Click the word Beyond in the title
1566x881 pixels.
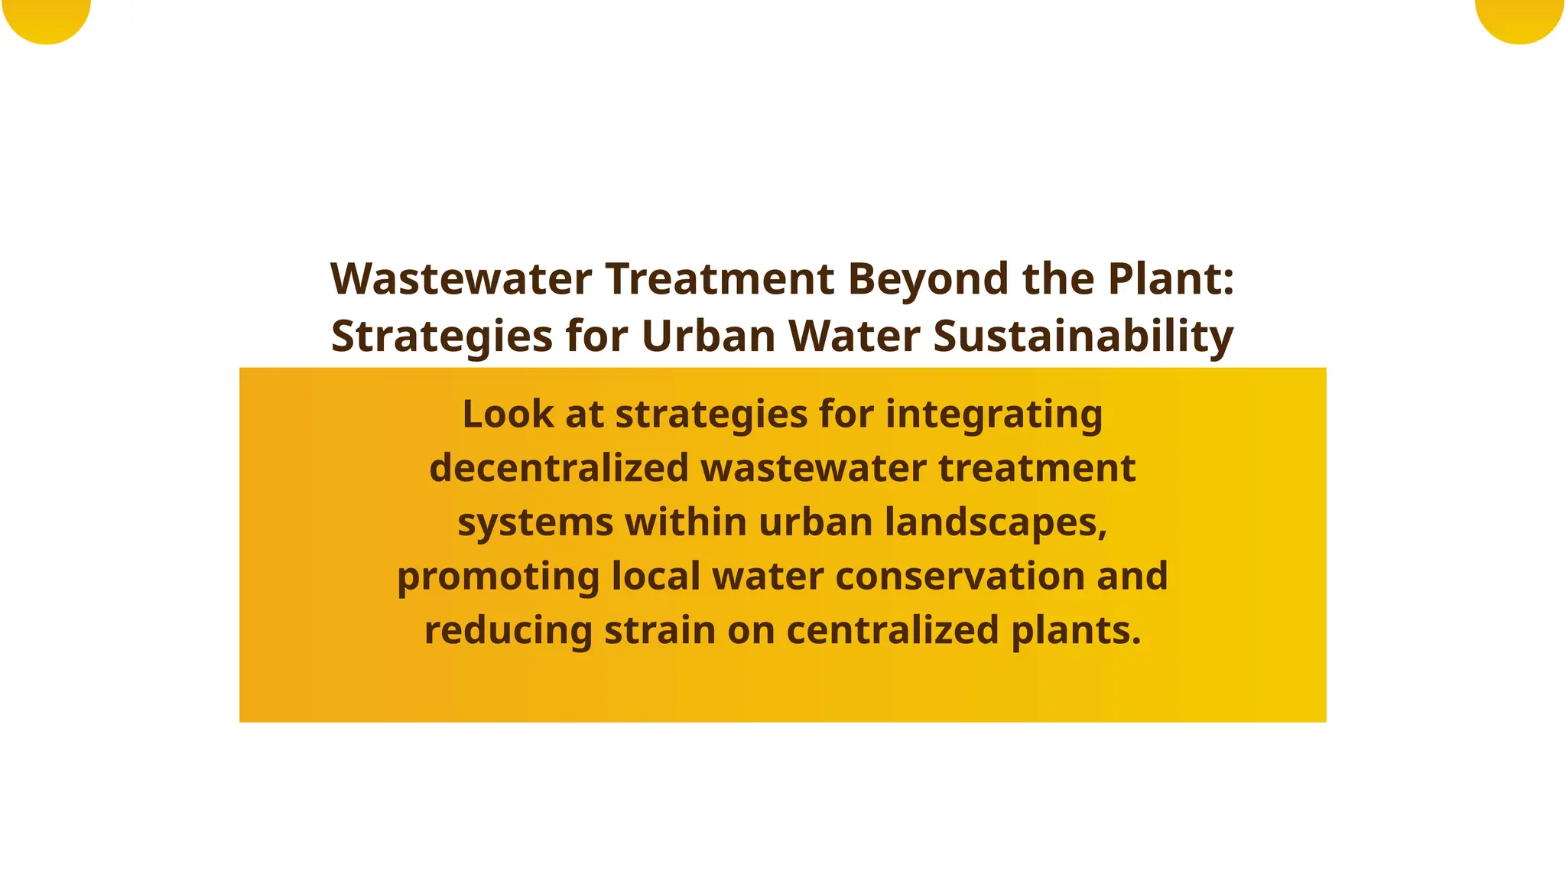click(x=928, y=279)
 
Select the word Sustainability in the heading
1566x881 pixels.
click(x=1084, y=336)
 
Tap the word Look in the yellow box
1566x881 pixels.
click(x=507, y=414)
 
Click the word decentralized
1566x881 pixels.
click(x=559, y=469)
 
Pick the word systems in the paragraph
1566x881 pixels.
click(x=535, y=523)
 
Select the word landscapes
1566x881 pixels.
click(x=996, y=523)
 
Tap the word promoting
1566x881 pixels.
click(x=498, y=577)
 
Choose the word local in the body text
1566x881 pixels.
click(x=655, y=577)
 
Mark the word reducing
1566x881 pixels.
click(x=508, y=632)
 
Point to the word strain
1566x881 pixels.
click(x=659, y=631)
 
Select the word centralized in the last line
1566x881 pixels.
click(x=892, y=631)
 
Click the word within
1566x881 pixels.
click(x=685, y=523)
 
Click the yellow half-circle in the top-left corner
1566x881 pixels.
click(x=46, y=17)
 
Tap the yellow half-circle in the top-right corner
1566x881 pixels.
click(x=1519, y=17)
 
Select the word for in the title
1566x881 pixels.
click(x=596, y=336)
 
